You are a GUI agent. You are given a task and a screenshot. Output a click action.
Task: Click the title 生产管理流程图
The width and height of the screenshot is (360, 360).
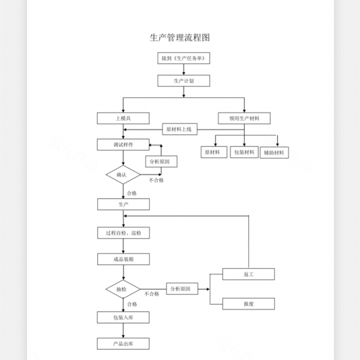click(179, 37)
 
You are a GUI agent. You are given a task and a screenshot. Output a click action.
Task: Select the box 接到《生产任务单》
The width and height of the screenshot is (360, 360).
click(184, 58)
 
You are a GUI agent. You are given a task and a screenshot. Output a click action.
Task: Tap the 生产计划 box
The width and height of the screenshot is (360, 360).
click(184, 80)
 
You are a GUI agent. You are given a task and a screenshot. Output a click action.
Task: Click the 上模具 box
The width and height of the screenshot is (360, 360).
click(123, 118)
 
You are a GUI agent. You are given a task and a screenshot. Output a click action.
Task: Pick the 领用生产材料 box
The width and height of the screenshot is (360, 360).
click(244, 118)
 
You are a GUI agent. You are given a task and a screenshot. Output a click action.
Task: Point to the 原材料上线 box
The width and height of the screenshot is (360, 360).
click(179, 129)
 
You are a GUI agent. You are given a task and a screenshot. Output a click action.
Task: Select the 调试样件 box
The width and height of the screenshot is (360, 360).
click(123, 145)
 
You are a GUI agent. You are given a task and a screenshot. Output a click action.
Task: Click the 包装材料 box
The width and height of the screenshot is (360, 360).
click(244, 152)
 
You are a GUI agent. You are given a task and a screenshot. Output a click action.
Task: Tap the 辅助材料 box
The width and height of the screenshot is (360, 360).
click(275, 152)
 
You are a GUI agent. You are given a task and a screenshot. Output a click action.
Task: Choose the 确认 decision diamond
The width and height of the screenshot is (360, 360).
click(123, 175)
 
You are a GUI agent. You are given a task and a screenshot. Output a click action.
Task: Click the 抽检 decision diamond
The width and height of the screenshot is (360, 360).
click(123, 289)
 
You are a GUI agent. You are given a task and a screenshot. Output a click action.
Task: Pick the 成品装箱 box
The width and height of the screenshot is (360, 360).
click(123, 259)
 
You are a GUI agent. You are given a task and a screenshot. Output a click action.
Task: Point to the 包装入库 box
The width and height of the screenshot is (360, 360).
click(123, 317)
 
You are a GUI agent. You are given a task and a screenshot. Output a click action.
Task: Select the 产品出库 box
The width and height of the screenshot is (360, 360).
click(123, 344)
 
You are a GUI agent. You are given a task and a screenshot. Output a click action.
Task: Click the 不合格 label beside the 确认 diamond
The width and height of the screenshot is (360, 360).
click(157, 181)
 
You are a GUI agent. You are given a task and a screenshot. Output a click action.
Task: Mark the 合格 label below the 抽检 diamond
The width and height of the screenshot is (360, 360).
click(132, 304)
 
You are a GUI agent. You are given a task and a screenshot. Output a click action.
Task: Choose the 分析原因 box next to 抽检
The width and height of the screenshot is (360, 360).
click(180, 289)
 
